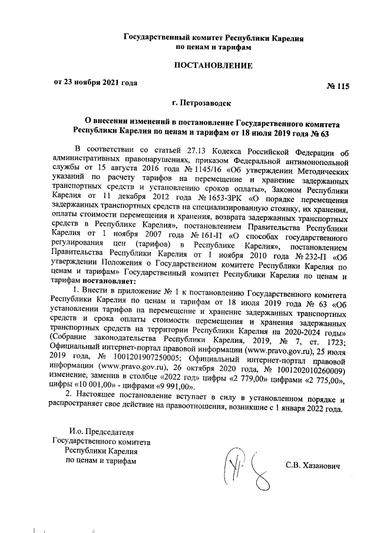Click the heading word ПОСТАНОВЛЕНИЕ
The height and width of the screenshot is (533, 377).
tap(213, 65)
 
